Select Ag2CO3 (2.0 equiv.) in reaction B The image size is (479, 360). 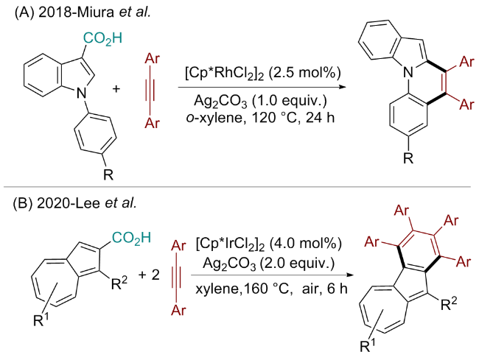267,263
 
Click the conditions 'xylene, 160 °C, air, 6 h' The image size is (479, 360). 266,290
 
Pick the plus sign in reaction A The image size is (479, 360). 116,90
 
